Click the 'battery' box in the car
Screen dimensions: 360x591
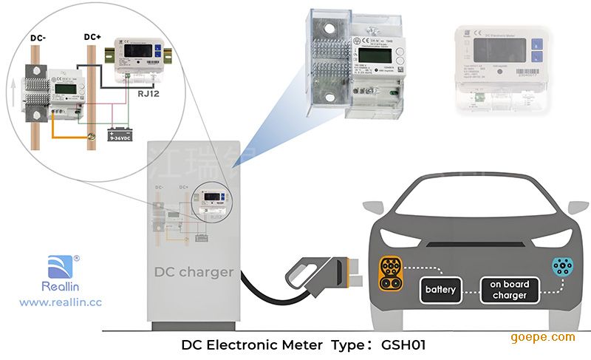pyautogui.click(x=440, y=289)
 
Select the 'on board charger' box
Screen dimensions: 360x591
pyautogui.click(x=510, y=289)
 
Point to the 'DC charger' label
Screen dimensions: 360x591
pyautogui.click(x=194, y=272)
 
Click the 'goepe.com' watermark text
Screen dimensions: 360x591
pyautogui.click(x=542, y=337)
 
